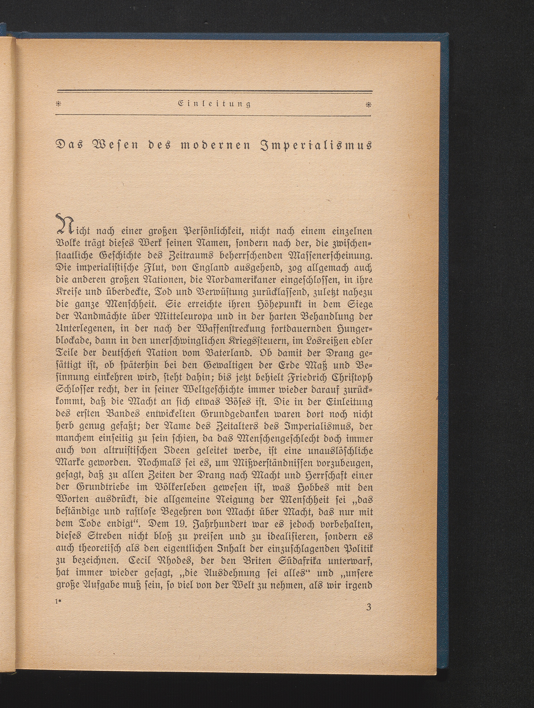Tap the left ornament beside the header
59,104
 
